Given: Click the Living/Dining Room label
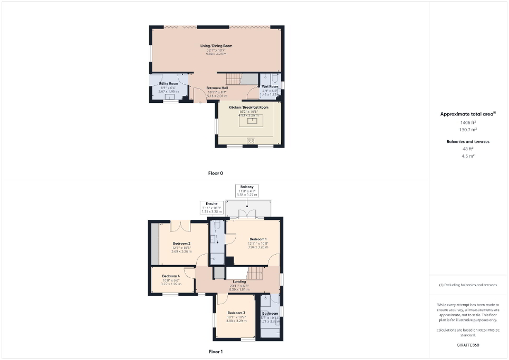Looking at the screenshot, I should point(216,46).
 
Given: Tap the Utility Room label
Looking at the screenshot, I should point(169,83).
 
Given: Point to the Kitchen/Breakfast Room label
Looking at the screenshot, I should point(248,107).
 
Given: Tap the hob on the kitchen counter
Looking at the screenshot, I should point(251,141).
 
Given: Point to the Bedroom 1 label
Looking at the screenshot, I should point(258,239).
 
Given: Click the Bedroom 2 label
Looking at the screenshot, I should point(181,243).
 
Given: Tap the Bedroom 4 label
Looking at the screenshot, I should point(171,276).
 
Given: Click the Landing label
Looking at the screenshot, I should point(239,281).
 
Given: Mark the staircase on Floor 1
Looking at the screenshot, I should point(255,273).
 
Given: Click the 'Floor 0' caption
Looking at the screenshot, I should point(216,173).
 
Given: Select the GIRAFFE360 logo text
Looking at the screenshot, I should point(468,345).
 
